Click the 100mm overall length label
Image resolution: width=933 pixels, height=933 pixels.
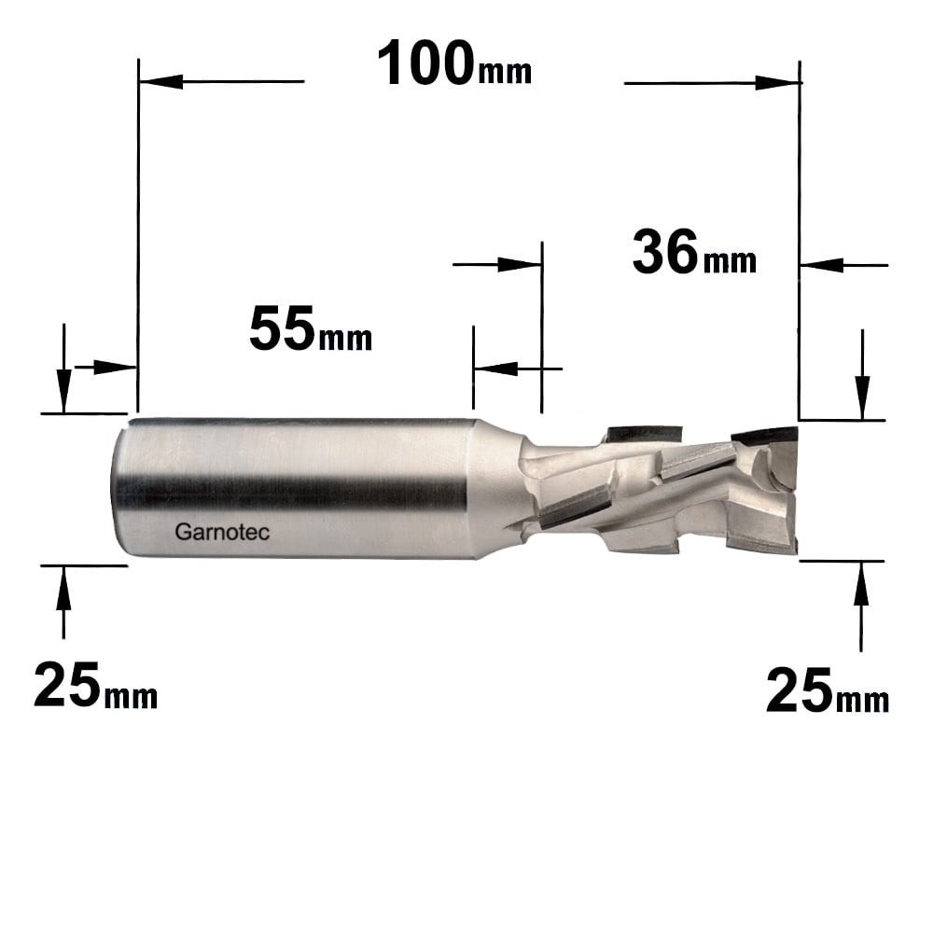coord(454,63)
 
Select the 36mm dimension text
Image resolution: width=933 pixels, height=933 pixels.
coord(694,252)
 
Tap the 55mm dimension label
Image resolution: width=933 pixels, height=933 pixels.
coord(311,328)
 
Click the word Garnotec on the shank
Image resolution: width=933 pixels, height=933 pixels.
coord(222,532)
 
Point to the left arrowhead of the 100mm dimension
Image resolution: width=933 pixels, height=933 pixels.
coord(160,81)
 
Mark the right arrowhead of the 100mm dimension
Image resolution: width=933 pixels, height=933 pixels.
coord(777,83)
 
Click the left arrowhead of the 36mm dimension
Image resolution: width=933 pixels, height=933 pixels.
coord(519,264)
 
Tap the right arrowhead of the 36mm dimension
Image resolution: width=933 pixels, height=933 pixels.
coord(822,265)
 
